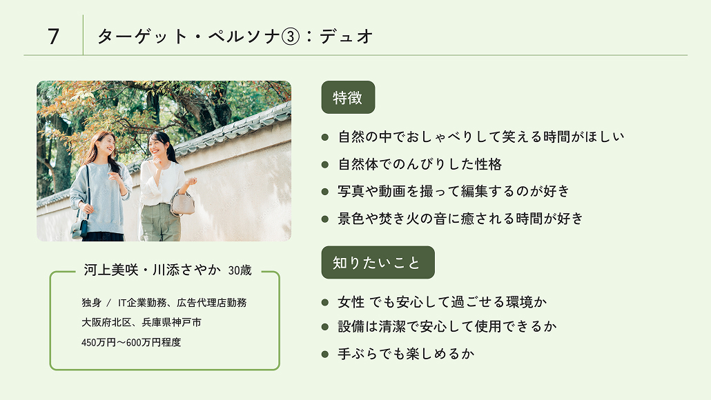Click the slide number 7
[x=53, y=36]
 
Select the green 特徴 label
[x=348, y=97]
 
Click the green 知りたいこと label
[x=378, y=262]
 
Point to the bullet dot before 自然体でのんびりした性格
[x=325, y=164]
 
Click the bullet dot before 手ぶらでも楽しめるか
[x=325, y=354]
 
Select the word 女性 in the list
[x=351, y=302]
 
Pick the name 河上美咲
[x=109, y=270]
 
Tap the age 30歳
[x=240, y=271]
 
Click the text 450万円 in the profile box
[x=101, y=342]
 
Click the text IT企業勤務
[x=142, y=303]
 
